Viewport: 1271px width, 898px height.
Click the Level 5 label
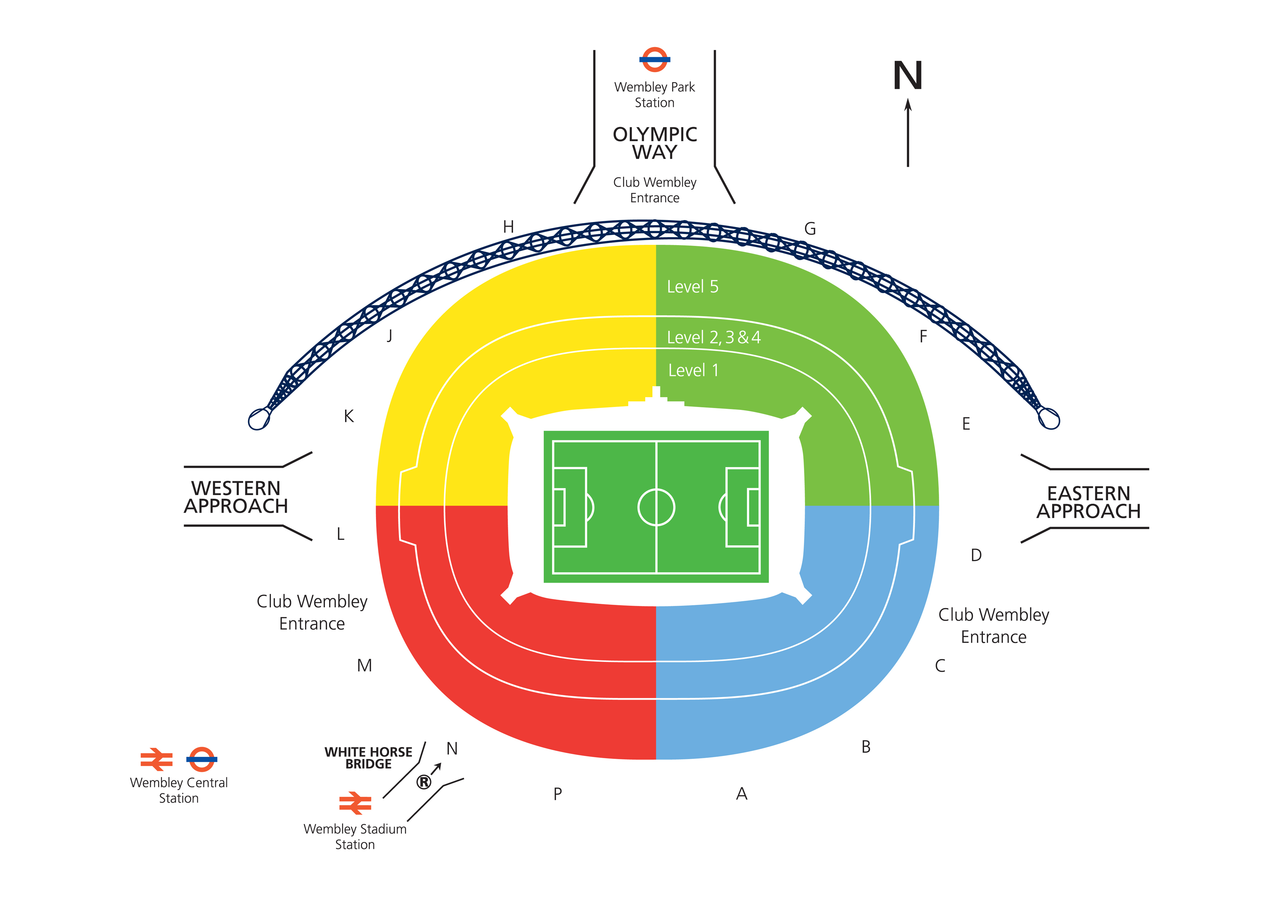pos(692,287)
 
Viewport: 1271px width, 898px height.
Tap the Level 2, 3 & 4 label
pos(713,337)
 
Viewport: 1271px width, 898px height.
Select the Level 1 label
pos(693,370)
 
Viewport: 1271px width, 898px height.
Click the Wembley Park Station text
pos(654,95)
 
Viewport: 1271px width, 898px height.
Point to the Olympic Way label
pos(655,143)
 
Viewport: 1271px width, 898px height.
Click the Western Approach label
pos(236,497)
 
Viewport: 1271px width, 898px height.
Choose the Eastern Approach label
pos(1088,502)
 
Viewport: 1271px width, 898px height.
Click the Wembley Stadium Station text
pos(355,836)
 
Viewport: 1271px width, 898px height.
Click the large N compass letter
pos(908,76)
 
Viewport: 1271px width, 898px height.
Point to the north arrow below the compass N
pos(908,133)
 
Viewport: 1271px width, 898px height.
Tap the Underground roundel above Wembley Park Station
pos(654,59)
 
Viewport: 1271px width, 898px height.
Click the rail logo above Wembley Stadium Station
pos(355,803)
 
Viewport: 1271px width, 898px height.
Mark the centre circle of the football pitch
pos(656,507)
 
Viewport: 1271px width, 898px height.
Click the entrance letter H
pos(508,227)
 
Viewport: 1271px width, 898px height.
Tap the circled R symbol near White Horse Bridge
pos(424,782)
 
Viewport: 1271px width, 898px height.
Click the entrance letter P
pos(558,794)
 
